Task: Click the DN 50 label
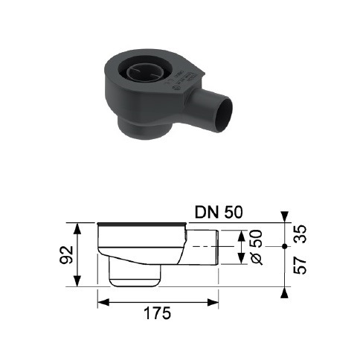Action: [219, 213]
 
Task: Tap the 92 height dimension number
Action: [66, 254]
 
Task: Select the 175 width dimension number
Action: [158, 313]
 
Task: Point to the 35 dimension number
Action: [300, 234]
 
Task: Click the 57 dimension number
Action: [300, 266]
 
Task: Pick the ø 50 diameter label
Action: [257, 247]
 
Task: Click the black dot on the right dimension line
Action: [285, 246]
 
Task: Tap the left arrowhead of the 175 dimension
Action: [103, 302]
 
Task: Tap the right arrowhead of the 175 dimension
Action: [213, 302]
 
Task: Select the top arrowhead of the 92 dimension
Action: [77, 229]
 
